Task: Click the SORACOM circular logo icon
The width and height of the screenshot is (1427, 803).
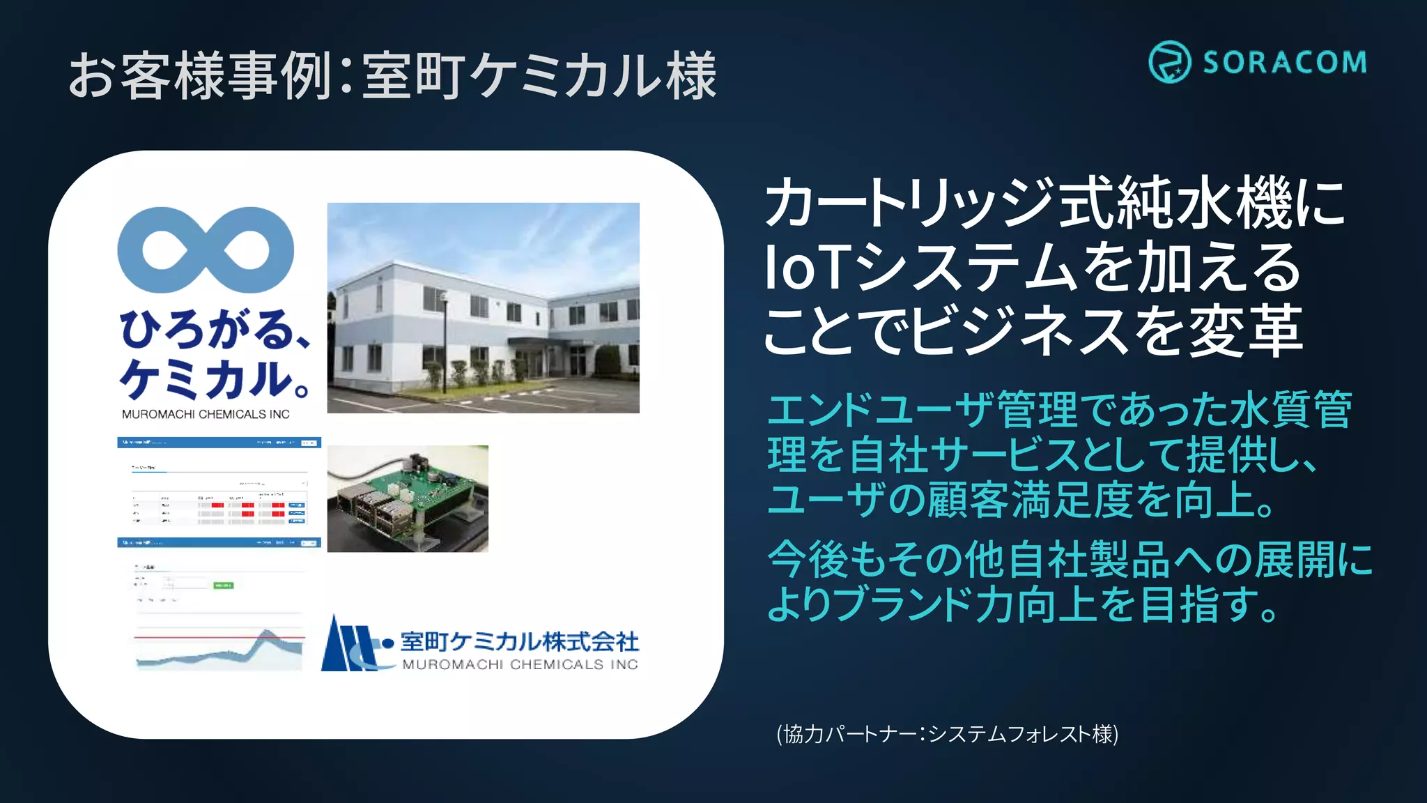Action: (1169, 62)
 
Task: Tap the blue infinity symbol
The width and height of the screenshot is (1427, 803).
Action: (206, 250)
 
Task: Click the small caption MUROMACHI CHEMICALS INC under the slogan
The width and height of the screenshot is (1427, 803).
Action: (206, 414)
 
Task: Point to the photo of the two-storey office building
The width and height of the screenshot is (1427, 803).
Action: (483, 307)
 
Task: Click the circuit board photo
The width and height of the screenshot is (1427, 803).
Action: (408, 498)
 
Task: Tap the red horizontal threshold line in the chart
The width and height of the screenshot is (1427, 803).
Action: (219, 637)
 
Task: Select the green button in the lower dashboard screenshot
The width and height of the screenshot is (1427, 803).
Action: (224, 586)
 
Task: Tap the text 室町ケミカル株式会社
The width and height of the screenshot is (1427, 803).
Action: (520, 641)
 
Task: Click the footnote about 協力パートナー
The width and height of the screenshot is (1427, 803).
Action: (947, 734)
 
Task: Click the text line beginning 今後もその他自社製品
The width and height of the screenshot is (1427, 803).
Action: (1070, 559)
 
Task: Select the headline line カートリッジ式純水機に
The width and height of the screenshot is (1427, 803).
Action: (1055, 203)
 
